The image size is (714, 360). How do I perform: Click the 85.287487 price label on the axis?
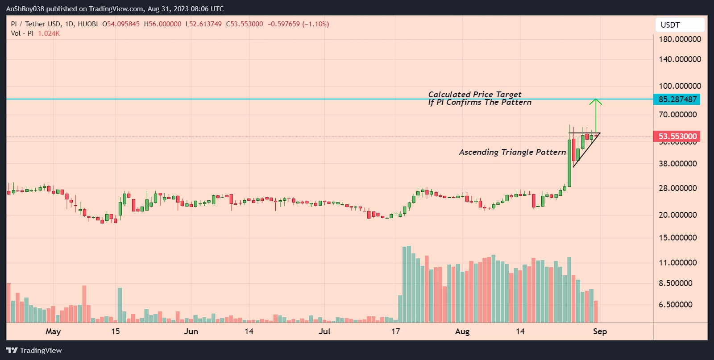click(x=677, y=99)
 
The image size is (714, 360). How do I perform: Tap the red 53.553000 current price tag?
click(x=677, y=137)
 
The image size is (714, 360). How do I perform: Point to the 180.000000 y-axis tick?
click(x=680, y=39)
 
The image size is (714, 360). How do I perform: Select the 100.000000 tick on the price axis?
click(x=680, y=86)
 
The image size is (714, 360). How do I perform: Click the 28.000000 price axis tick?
click(x=677, y=188)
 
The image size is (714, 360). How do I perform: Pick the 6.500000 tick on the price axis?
click(x=676, y=305)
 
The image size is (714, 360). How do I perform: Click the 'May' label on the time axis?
click(x=53, y=331)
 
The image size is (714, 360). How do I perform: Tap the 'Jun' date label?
click(x=191, y=331)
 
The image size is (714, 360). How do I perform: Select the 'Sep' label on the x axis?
click(x=600, y=331)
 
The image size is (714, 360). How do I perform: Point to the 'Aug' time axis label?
click(x=462, y=331)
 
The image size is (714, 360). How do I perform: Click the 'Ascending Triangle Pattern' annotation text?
click(x=512, y=152)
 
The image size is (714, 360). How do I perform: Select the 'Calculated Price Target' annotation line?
click(x=475, y=95)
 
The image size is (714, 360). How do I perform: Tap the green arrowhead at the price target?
click(x=595, y=102)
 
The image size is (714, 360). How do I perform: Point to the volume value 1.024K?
click(x=49, y=33)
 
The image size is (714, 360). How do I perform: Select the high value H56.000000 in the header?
click(x=162, y=24)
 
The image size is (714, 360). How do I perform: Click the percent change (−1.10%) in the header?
click(x=315, y=24)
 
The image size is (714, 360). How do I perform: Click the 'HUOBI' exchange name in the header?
click(x=87, y=24)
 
